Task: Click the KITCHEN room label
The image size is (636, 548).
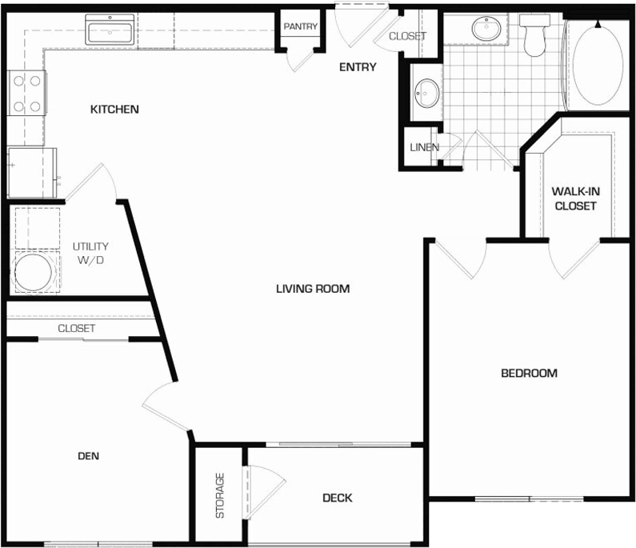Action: pos(114,109)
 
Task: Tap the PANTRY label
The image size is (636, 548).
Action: pos(301,26)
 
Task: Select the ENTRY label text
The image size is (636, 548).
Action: pos(357,67)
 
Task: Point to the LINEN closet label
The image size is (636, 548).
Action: pos(424,147)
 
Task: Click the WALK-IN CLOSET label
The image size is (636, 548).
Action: pos(574,198)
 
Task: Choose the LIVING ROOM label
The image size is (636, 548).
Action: pos(313,289)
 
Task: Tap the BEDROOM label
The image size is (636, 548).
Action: pos(529,373)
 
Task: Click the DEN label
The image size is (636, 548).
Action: pos(88,456)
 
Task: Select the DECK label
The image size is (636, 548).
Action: pos(337,498)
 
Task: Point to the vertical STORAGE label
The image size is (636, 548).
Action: pos(220,496)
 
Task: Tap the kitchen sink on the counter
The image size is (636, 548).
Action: pos(110,33)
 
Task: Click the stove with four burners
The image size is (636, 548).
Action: pos(26,94)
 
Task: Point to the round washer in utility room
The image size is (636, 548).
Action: pos(32,273)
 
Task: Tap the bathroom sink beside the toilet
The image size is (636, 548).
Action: pos(485,30)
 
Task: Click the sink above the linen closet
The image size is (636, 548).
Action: pos(426,93)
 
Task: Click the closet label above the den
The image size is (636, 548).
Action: pos(76,329)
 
